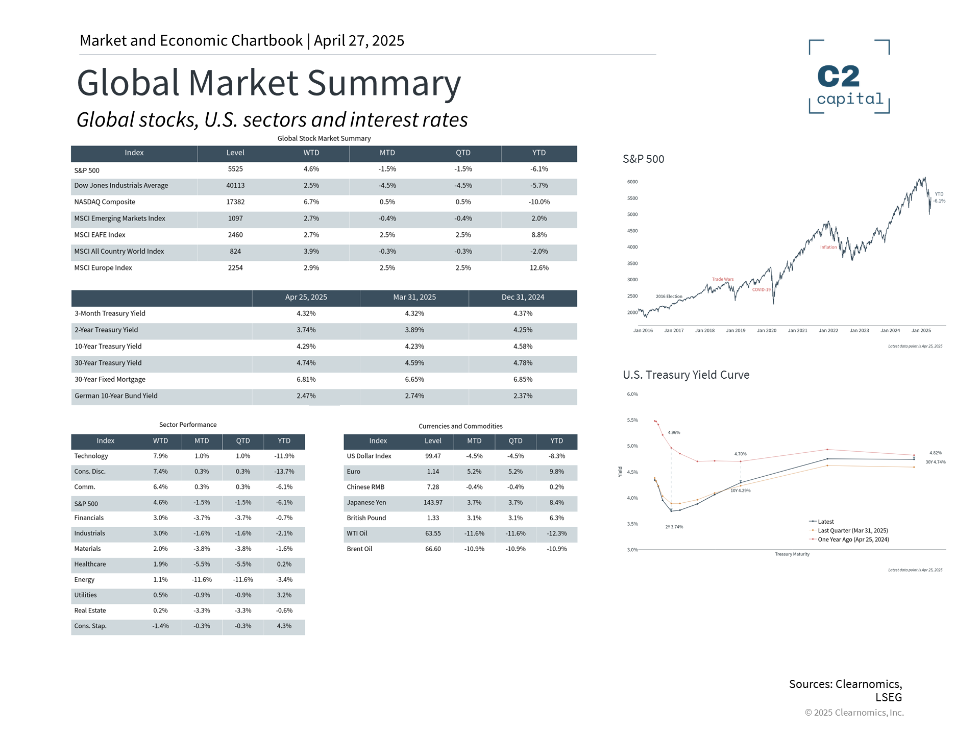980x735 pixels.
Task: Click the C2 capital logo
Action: point(849,77)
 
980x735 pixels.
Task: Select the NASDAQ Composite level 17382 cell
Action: point(235,202)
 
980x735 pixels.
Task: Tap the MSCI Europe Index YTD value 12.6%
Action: point(539,268)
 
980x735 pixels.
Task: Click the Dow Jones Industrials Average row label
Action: point(121,186)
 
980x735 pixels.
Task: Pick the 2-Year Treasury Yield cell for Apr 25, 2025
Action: point(306,330)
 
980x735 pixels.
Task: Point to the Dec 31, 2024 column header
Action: point(523,298)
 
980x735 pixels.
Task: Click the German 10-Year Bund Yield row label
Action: point(116,396)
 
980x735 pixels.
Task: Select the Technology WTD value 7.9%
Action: point(160,456)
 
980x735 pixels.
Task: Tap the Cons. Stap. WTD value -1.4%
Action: point(160,626)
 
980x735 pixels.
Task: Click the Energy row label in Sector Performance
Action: point(84,580)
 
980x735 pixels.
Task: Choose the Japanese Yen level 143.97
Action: point(433,503)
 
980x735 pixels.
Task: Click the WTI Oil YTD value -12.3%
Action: point(556,533)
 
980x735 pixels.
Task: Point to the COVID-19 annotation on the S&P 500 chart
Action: point(761,290)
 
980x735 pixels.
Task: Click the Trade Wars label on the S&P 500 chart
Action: point(723,279)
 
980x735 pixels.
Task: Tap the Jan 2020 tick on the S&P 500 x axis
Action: point(767,331)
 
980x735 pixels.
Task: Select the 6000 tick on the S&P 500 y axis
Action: point(632,182)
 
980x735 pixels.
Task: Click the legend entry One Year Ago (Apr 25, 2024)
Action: point(853,540)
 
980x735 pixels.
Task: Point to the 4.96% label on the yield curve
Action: point(674,433)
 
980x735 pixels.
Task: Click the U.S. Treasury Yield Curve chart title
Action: point(686,375)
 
